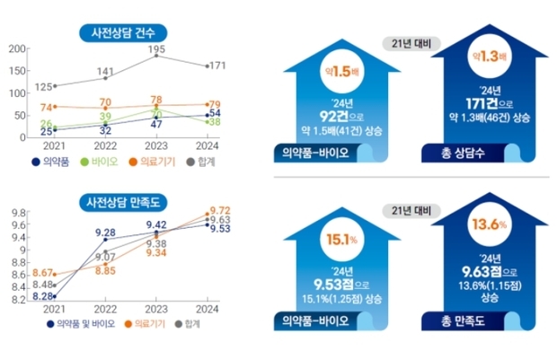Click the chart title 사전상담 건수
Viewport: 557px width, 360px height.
click(122, 34)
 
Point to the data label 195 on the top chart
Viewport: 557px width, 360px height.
click(156, 48)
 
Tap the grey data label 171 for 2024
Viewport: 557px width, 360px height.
click(216, 66)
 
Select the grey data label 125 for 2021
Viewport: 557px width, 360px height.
click(42, 87)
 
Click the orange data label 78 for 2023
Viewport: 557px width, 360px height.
click(156, 100)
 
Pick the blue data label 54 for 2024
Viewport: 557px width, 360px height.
click(216, 113)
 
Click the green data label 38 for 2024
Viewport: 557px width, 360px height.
click(216, 122)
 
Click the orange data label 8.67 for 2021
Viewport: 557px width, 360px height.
click(42, 272)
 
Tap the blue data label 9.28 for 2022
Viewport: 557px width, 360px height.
click(103, 233)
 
